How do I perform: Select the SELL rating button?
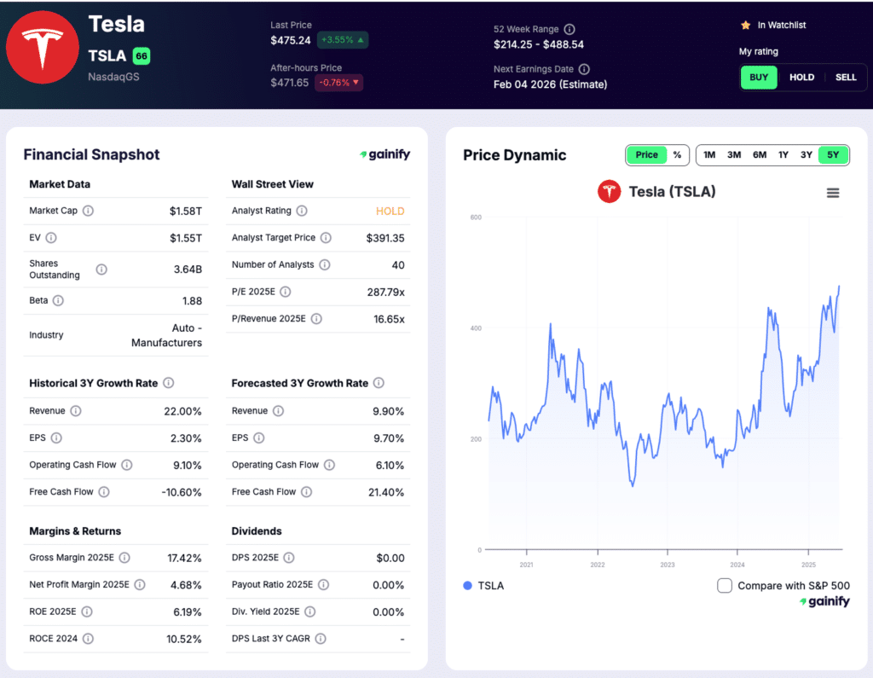(x=846, y=78)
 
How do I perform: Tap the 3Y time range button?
(x=806, y=155)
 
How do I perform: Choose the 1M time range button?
(x=709, y=155)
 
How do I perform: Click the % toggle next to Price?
(x=677, y=155)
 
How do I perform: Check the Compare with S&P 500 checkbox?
(x=725, y=586)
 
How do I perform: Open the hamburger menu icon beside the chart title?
(x=833, y=193)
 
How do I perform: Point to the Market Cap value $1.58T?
(x=186, y=211)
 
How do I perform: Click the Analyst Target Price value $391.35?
(x=385, y=238)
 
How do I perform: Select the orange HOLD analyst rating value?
(x=390, y=211)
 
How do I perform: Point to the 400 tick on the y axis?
(x=476, y=328)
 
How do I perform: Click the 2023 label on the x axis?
(x=668, y=565)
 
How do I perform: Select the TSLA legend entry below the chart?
(x=483, y=586)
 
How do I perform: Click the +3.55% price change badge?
(x=342, y=40)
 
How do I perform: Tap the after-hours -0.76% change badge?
(x=338, y=83)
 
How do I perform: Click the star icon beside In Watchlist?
(x=745, y=26)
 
